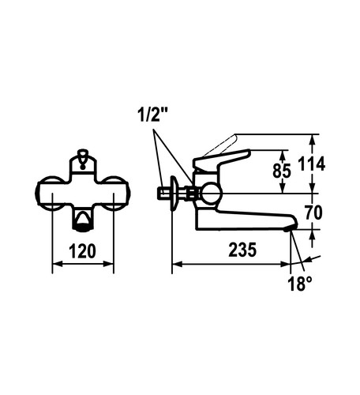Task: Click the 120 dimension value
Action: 82,251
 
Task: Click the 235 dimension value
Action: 242,250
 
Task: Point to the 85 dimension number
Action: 282,171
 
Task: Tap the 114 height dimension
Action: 311,164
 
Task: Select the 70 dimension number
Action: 313,213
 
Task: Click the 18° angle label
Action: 300,284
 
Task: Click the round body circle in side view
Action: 211,194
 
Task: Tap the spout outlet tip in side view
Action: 290,229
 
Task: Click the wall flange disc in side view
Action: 174,194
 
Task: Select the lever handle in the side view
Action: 221,160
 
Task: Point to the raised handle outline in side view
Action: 221,145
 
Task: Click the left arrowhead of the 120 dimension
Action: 57,264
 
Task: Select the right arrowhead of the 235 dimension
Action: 286,264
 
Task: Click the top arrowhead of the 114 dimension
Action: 313,140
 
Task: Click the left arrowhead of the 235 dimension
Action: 177,264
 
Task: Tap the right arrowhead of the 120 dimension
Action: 109,264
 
